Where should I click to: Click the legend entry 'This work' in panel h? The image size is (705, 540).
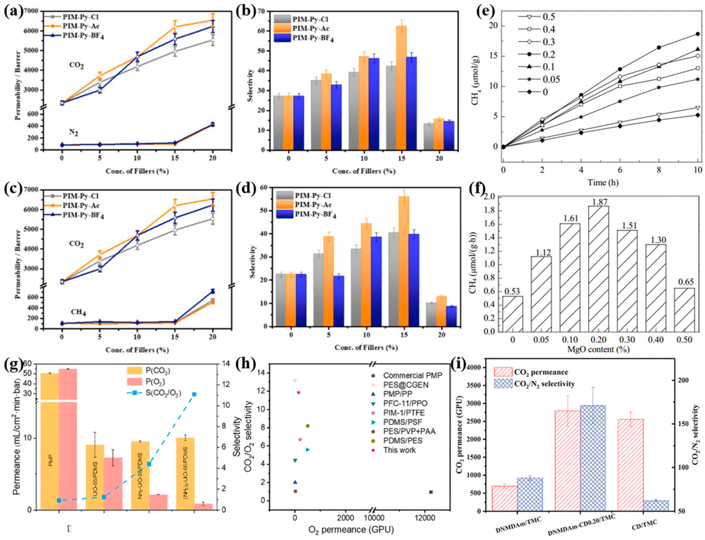click(x=399, y=450)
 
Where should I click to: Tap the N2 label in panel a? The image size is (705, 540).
click(x=74, y=132)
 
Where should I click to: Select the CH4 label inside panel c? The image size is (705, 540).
click(x=78, y=312)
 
